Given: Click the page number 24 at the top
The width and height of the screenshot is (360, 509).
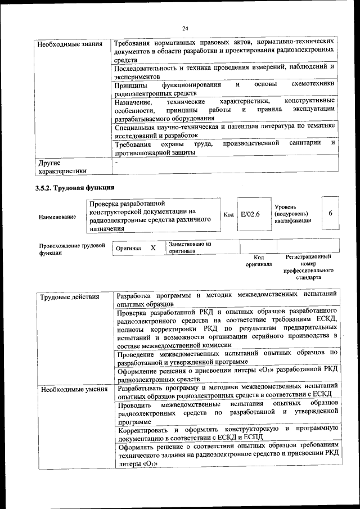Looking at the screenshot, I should pos(185,29).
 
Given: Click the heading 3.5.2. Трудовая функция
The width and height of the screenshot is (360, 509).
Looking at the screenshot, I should pos(75,187).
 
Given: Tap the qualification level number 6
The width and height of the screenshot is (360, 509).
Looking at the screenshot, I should pos(330,213).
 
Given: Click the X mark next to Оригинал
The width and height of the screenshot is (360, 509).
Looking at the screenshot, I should pos(152,247).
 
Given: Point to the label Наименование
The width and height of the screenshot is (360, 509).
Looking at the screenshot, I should pos(57,217).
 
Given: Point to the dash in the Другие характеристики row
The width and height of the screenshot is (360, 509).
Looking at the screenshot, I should pos(116,162).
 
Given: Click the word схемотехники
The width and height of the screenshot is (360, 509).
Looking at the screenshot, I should pos(313,84).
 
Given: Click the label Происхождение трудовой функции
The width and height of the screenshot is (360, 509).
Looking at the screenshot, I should pos(72,249).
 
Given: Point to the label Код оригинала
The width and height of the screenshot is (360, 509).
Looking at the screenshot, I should pos(258,260).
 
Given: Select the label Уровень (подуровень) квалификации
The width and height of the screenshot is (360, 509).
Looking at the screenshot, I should pos(292,214).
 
